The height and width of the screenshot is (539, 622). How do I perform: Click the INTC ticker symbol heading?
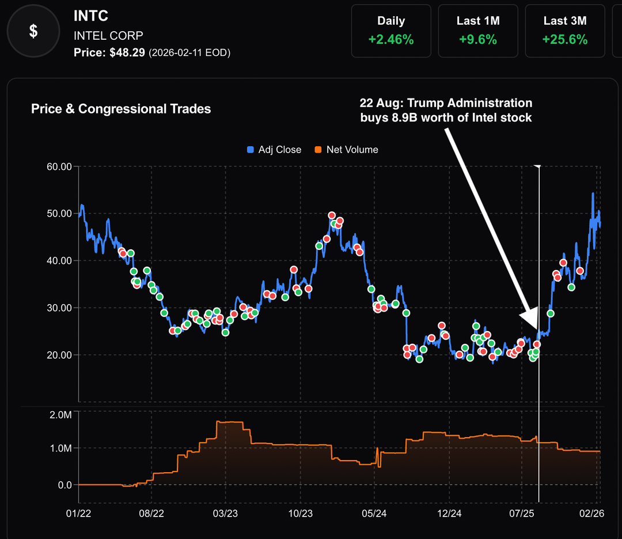[x=91, y=16]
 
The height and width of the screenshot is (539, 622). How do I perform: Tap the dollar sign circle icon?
[x=33, y=31]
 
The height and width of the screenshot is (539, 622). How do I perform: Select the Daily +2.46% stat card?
[x=391, y=31]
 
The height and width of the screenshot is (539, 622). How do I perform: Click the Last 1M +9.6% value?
[x=478, y=40]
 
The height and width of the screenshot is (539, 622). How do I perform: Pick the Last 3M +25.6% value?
[x=564, y=40]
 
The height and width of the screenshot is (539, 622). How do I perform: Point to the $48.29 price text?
[x=127, y=52]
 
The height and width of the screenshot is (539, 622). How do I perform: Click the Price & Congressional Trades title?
[x=121, y=109]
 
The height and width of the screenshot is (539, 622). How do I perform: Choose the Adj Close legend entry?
[x=274, y=150]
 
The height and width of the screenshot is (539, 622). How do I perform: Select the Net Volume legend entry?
[x=346, y=150]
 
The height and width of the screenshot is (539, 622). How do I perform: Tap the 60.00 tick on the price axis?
[x=59, y=167]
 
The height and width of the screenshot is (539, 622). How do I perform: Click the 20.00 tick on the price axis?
[x=59, y=355]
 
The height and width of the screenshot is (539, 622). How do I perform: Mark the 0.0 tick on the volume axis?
[x=65, y=485]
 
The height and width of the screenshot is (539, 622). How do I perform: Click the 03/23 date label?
[x=225, y=513]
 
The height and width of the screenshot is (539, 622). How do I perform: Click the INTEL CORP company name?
[x=108, y=35]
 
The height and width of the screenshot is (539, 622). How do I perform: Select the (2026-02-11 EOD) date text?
[x=189, y=53]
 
